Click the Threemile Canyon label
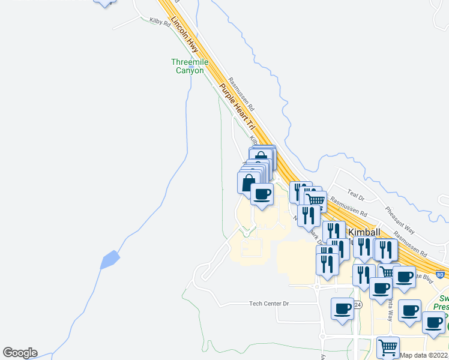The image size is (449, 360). click(x=187, y=66)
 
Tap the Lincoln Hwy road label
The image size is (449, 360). click(x=184, y=32)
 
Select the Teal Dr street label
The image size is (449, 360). click(x=356, y=197)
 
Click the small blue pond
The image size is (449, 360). click(x=110, y=260)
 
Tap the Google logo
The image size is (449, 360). click(x=20, y=353)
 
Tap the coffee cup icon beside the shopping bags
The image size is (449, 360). click(x=262, y=194)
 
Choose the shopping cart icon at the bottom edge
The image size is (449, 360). click(x=388, y=347)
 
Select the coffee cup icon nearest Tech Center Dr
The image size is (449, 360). click(x=342, y=308)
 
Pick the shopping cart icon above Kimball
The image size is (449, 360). click(x=315, y=199)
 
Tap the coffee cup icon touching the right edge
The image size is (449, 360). click(x=433, y=322)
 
